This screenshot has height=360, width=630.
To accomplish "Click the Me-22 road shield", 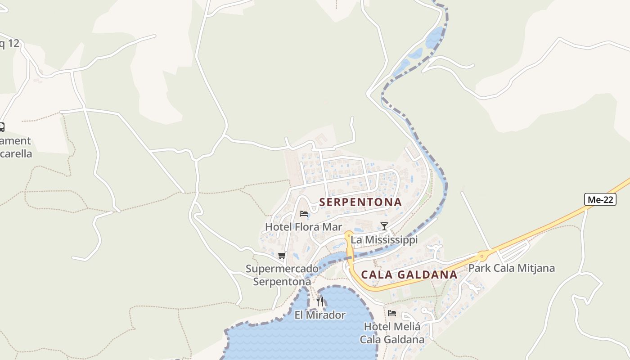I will tap(600, 199).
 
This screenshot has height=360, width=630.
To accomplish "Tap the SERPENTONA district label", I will tap(360, 202).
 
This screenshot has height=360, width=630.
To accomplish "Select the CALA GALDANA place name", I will tap(409, 274).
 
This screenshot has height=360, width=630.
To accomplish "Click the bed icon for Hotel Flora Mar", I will tap(304, 213).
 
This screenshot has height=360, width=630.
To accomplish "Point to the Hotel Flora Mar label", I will tap(303, 227).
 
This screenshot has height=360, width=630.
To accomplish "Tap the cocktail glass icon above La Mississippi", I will tap(384, 226).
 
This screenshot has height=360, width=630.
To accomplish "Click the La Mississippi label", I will tap(384, 240).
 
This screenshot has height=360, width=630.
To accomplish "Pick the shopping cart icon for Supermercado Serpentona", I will tap(282, 256).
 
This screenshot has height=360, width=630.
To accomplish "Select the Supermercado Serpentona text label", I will tap(282, 275).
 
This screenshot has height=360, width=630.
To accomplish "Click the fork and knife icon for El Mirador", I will tap(320, 301).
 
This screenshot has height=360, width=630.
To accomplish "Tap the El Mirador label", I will tap(320, 315).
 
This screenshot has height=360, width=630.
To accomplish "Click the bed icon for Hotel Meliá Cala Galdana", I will tap(392, 313).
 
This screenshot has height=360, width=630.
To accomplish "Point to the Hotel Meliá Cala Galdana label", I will tap(392, 333).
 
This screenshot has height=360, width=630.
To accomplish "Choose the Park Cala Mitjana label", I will tap(512, 269).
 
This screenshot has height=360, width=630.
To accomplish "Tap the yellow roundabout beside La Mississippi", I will tap(348, 234).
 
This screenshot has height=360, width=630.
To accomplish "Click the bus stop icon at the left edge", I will tap(1, 127).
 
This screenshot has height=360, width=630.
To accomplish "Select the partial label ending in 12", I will tap(9, 44).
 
